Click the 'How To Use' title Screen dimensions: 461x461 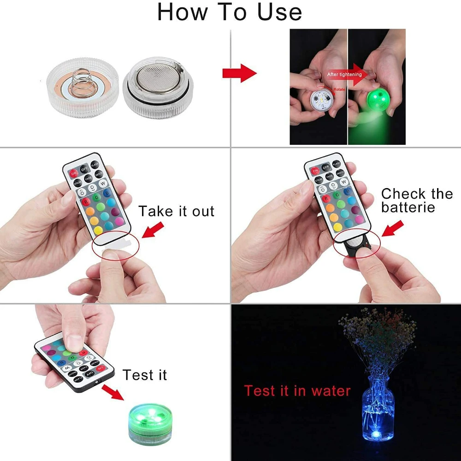coord(230,12)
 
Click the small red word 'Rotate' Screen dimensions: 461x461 coord(340,89)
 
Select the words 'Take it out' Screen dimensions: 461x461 coord(177,212)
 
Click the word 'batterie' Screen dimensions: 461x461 coord(408,207)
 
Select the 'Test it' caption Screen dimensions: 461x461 coord(144,375)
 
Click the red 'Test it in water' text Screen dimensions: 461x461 coord(297,391)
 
